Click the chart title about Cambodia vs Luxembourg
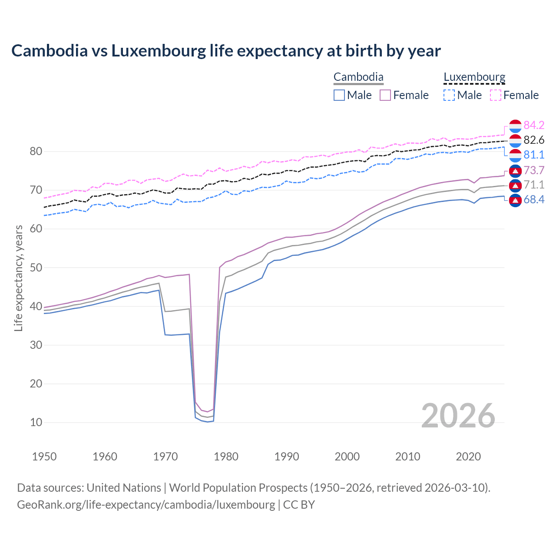pyautogui.click(x=226, y=51)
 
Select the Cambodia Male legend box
pyautogui.click(x=339, y=95)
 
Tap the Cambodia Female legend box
pyautogui.click(x=385, y=95)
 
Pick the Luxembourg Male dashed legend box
pyautogui.click(x=449, y=95)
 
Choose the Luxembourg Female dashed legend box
pyautogui.click(x=496, y=95)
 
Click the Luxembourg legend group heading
pyautogui.click(x=474, y=77)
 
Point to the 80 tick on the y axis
pyautogui.click(x=36, y=152)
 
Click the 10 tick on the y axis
pyautogui.click(x=36, y=422)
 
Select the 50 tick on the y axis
pyautogui.click(x=36, y=268)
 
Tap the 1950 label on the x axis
pyautogui.click(x=44, y=457)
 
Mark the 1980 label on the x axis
pyautogui.click(x=226, y=457)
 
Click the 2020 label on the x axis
pyautogui.click(x=468, y=457)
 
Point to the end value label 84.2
pyautogui.click(x=534, y=126)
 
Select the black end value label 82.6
pyautogui.click(x=534, y=140)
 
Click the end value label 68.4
pyautogui.click(x=534, y=200)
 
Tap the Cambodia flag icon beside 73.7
pyautogui.click(x=515, y=171)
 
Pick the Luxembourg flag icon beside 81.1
pyautogui.click(x=515, y=155)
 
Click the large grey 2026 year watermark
pyautogui.click(x=458, y=416)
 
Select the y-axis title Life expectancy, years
pyautogui.click(x=18, y=278)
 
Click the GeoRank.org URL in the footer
pyautogui.click(x=146, y=505)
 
